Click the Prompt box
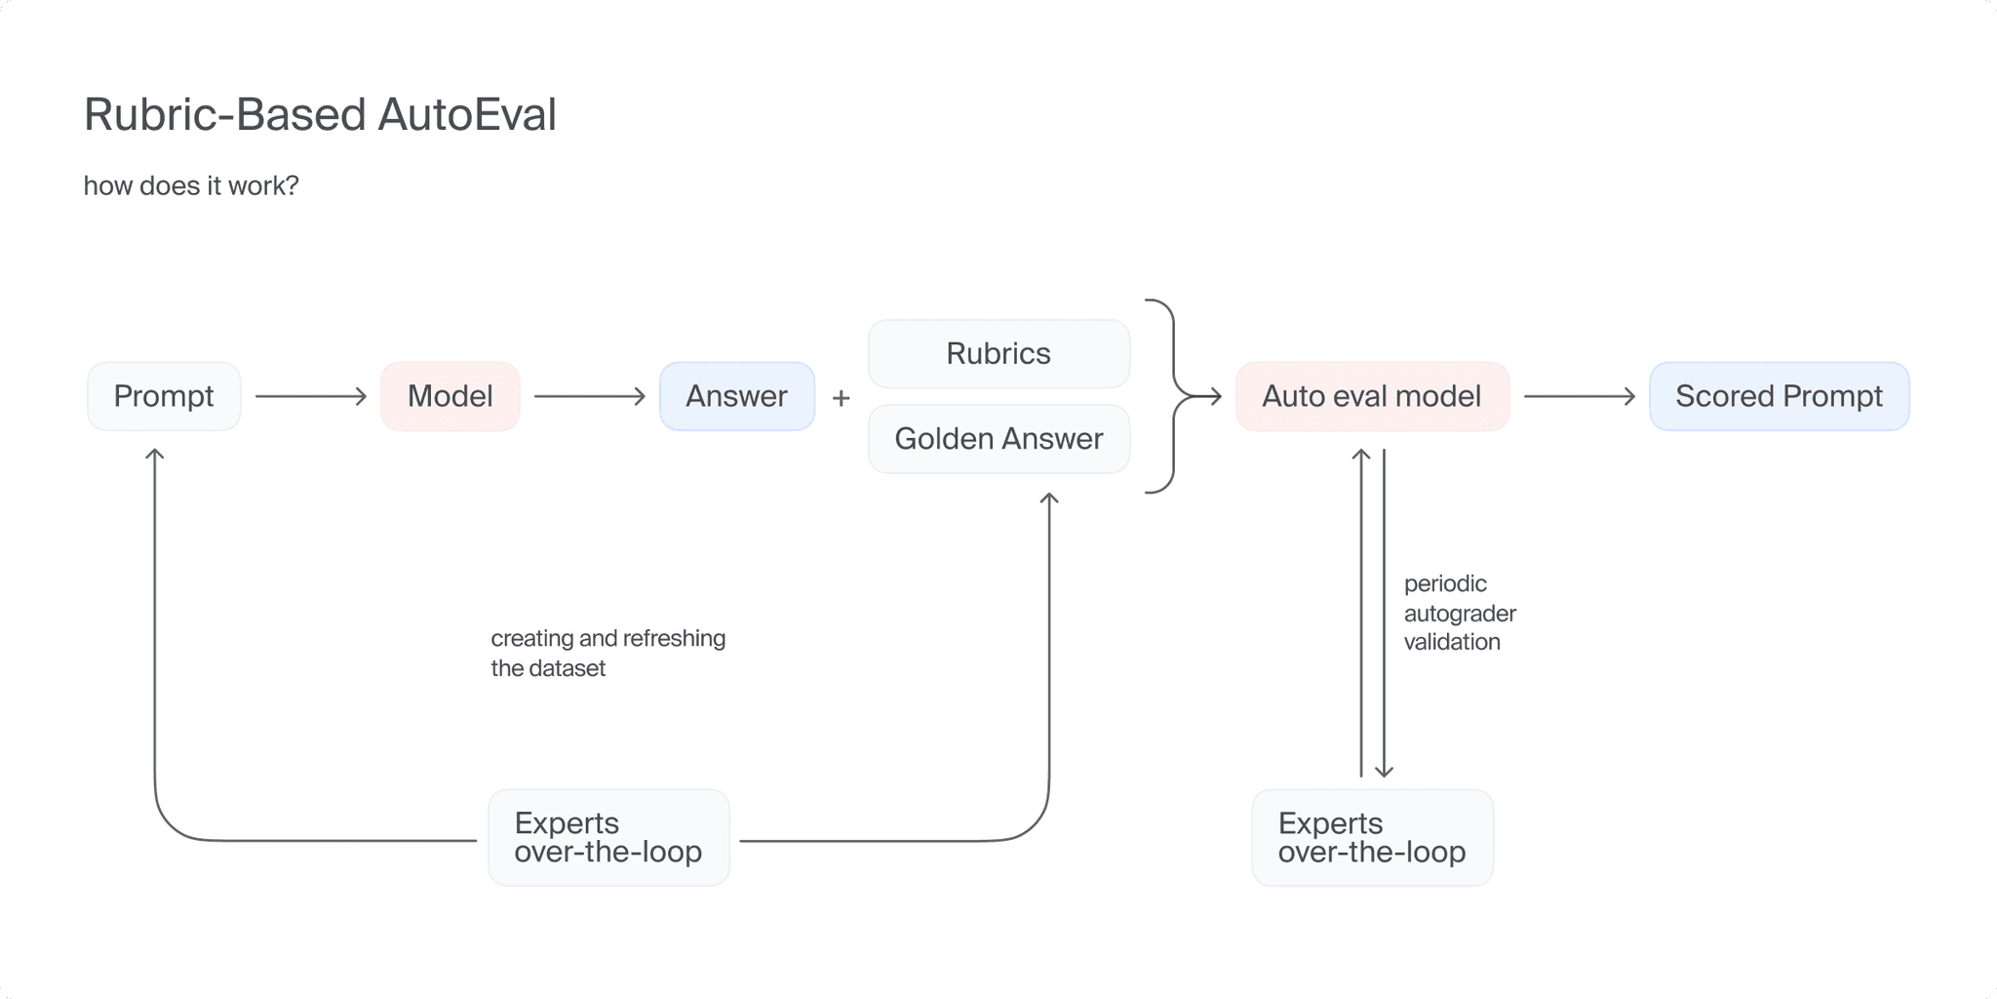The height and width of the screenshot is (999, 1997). (164, 396)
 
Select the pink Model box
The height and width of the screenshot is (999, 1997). (450, 396)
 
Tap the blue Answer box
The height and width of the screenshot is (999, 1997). (736, 396)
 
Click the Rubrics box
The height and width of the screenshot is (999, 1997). (998, 353)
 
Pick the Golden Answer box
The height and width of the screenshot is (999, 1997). (998, 439)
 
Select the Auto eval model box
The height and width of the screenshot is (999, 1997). (1371, 396)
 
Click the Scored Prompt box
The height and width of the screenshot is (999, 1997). (1779, 396)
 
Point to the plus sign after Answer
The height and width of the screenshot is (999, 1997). (842, 398)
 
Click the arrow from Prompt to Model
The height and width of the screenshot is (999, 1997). (310, 396)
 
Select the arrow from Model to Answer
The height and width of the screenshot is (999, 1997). (589, 396)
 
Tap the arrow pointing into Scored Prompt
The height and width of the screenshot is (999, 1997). (1579, 396)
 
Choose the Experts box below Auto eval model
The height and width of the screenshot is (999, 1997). (1372, 837)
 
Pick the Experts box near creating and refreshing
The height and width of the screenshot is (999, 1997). (608, 837)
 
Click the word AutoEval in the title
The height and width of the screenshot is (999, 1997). (466, 114)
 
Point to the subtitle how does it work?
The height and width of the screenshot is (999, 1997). (191, 185)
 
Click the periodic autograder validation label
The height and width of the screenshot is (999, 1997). (1459, 613)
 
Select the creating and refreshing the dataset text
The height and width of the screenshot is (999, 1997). (607, 653)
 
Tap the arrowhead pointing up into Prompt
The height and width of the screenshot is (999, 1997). (154, 454)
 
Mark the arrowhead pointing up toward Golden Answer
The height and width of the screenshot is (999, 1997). (1049, 498)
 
